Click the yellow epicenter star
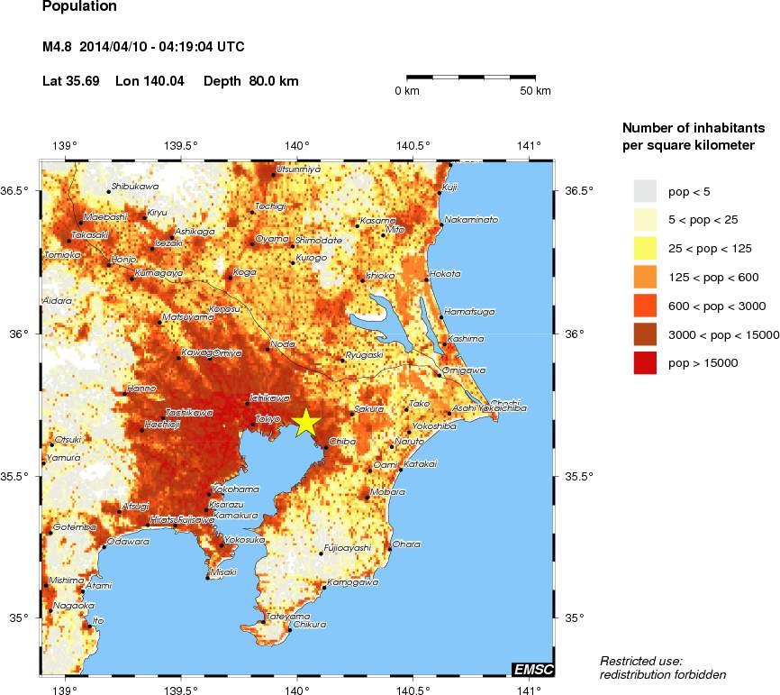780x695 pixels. [305, 422]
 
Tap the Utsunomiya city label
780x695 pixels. [298, 169]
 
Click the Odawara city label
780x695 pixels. [128, 542]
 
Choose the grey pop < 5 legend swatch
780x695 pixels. [645, 190]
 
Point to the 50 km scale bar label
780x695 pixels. [537, 91]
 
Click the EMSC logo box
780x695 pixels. [532, 669]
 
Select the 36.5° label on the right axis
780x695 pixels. [575, 190]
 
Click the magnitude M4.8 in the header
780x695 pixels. [59, 47]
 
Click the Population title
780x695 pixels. [79, 7]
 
